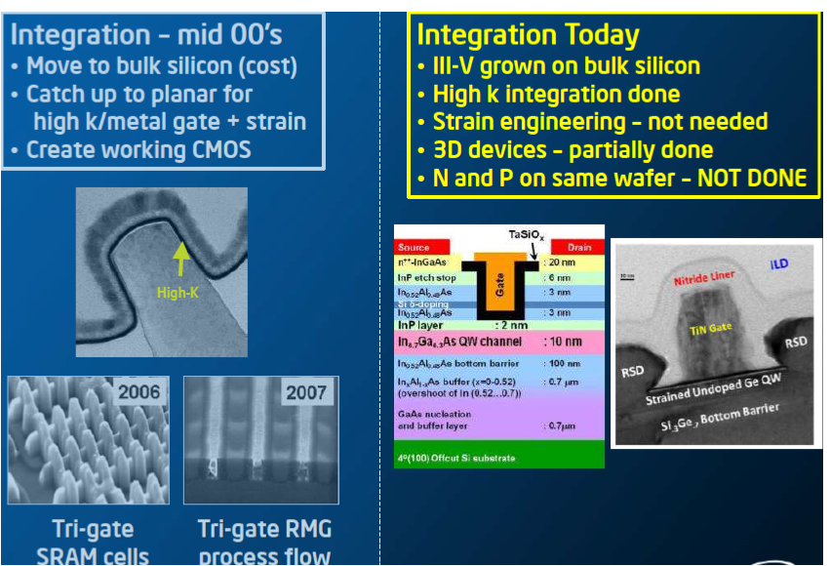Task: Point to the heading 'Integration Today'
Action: point(528,36)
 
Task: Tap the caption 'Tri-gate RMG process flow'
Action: point(264,543)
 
